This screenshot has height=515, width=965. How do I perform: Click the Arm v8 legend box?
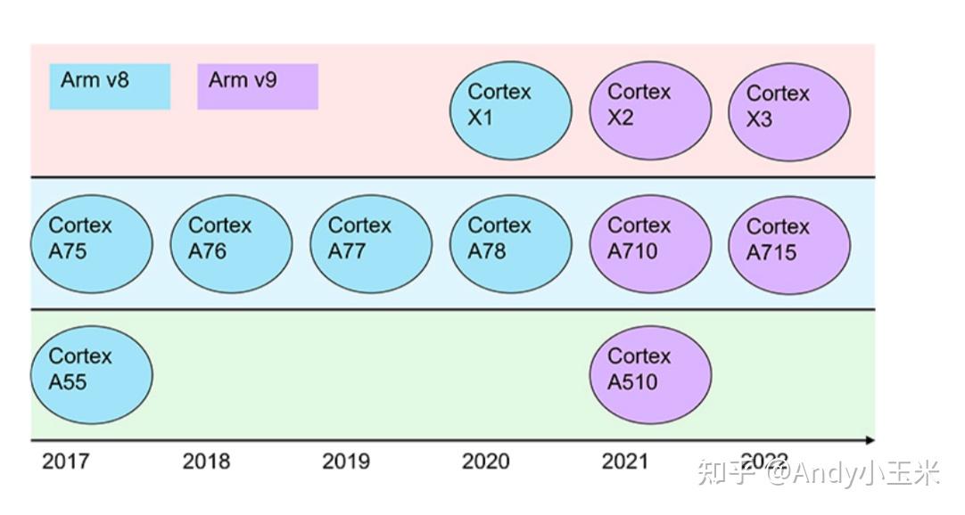[x=110, y=86]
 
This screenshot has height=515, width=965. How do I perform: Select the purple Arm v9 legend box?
[x=257, y=86]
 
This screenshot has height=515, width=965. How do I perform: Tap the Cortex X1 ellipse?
[x=510, y=111]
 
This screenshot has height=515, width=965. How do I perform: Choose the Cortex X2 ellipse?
[x=650, y=111]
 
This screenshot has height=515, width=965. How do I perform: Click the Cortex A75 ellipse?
[x=92, y=244]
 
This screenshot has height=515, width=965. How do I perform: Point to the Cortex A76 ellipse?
[x=231, y=244]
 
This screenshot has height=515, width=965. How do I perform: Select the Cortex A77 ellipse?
[x=371, y=244]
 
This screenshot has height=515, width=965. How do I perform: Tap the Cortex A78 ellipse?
[x=510, y=244]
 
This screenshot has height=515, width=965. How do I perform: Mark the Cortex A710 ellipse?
[x=650, y=244]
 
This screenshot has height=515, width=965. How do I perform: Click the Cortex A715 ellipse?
[x=789, y=245]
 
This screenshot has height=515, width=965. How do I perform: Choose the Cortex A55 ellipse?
[x=92, y=375]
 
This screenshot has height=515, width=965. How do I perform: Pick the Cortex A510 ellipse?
[x=650, y=375]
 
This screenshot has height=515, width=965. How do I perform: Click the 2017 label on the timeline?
[x=66, y=461]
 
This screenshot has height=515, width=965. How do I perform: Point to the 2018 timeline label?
[x=206, y=461]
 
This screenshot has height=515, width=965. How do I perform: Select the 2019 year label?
[x=346, y=461]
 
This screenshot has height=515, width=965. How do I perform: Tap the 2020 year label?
[x=486, y=461]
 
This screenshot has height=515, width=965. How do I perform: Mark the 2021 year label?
[x=625, y=461]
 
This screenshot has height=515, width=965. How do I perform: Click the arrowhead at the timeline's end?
[x=870, y=440]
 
